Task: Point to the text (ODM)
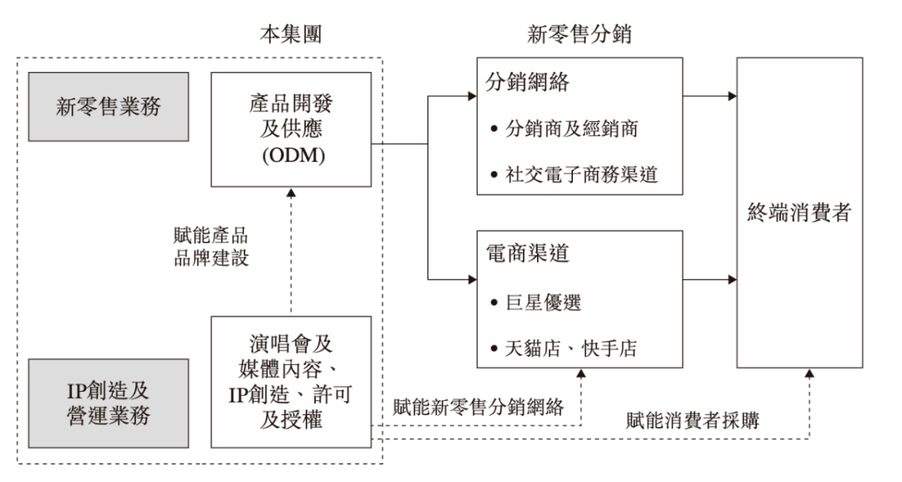point(289,155)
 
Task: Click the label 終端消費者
point(799,213)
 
